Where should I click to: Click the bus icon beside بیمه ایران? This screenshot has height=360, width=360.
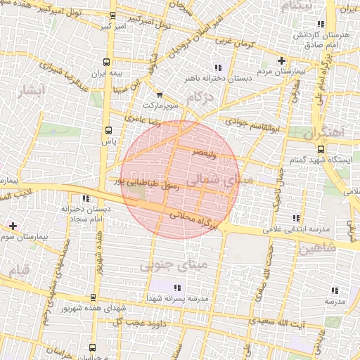coord(106,62)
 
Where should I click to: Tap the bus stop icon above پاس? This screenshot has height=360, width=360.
coord(108,130)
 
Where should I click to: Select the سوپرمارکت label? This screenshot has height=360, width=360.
coord(167,105)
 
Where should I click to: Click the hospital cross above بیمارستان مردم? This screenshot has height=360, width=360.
coord(282,60)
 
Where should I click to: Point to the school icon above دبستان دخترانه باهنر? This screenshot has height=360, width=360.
coord(218,67)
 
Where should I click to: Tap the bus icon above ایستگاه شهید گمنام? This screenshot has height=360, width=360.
coord(321,149)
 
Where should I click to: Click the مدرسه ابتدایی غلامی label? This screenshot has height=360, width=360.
coord(297,229)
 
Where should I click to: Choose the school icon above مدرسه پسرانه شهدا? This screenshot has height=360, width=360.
coord(177,288)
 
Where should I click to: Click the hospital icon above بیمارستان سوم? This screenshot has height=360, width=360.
coord(13,226)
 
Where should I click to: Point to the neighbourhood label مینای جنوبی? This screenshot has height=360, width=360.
coord(174,266)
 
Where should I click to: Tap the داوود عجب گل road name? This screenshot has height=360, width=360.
coord(152,322)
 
